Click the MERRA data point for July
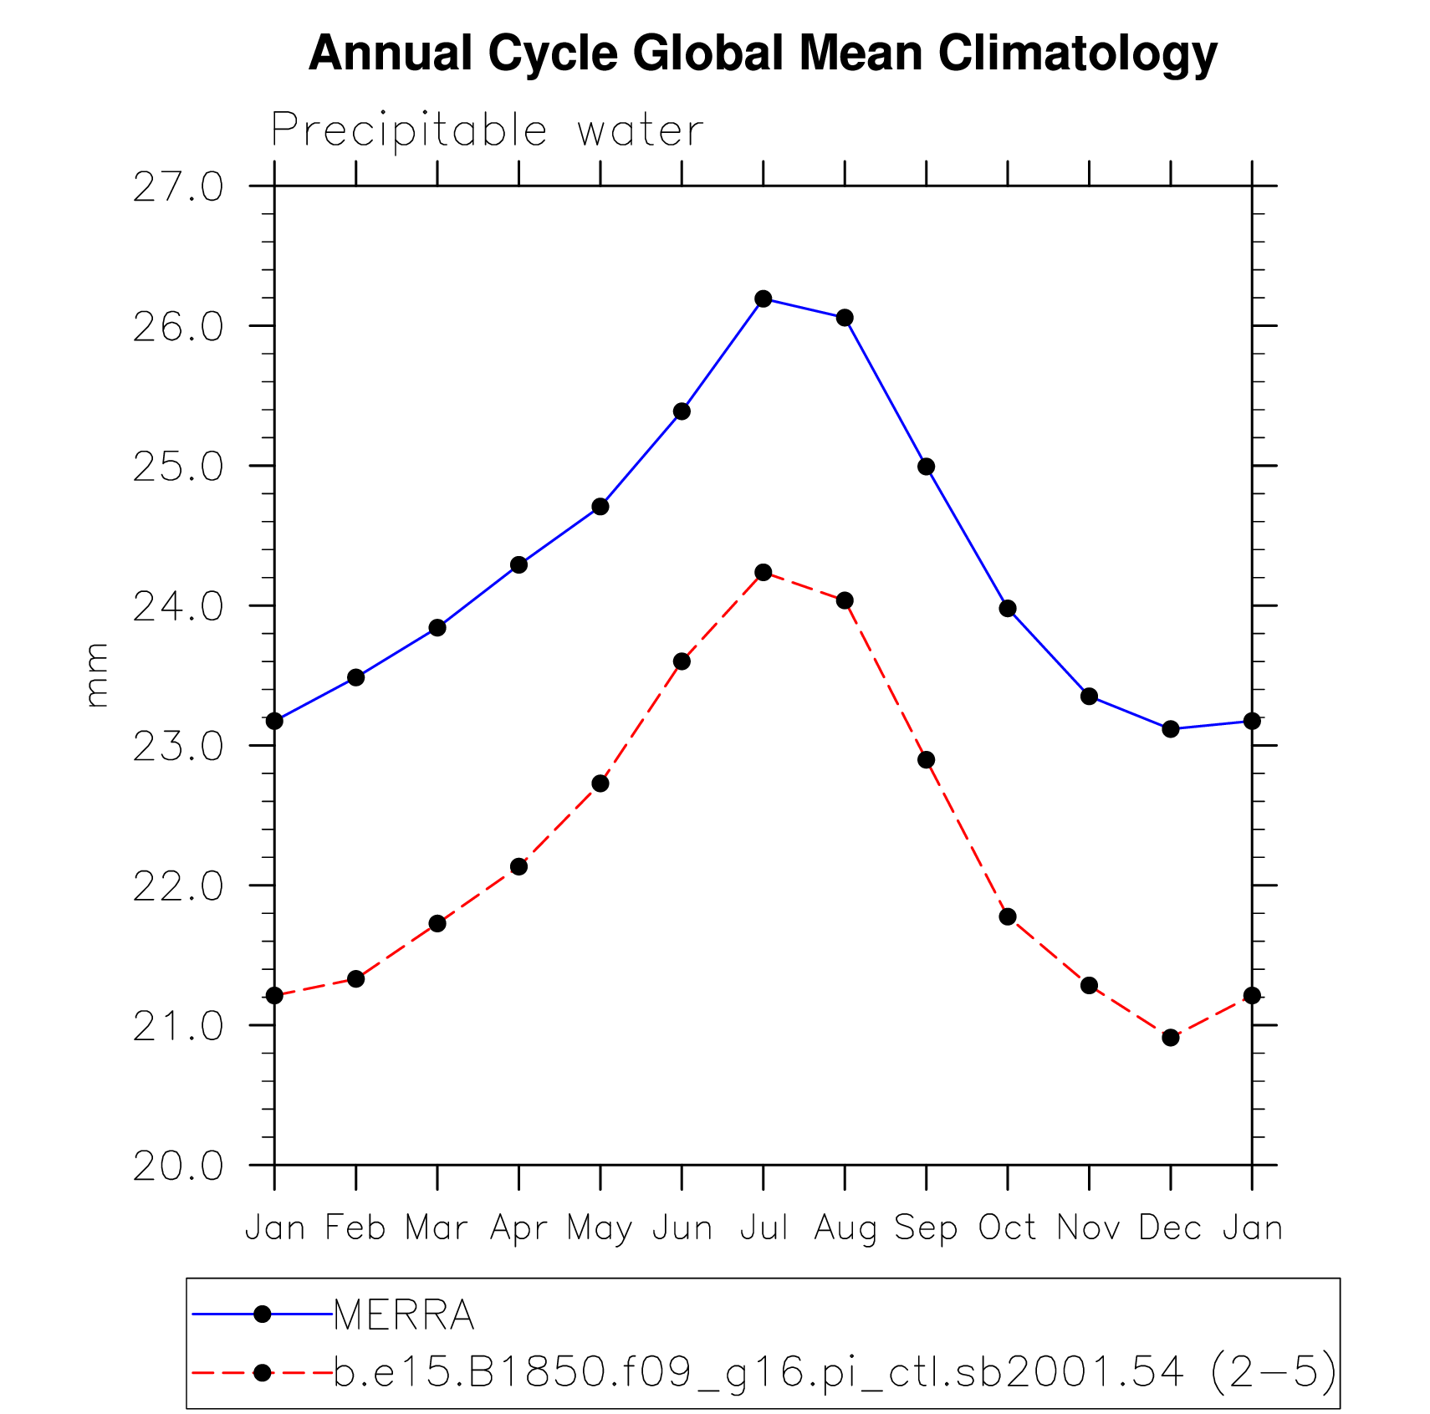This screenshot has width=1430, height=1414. point(763,299)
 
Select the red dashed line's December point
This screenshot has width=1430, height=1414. point(1170,1038)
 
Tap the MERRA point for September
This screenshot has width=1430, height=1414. point(926,467)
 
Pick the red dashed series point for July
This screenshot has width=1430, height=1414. point(763,572)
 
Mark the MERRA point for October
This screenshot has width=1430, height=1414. point(1008,608)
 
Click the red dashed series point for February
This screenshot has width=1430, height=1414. point(355,978)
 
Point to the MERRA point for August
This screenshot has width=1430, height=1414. point(845,318)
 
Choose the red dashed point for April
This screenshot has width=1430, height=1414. point(518,866)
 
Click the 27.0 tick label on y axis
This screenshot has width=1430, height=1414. point(178,187)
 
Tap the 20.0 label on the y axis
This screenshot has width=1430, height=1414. point(178,1166)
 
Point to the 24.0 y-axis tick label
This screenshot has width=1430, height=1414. point(178,607)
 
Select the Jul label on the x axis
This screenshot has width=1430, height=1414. point(764,1228)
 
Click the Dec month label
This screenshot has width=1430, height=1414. point(1170,1228)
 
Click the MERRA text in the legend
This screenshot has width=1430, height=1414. point(404,1315)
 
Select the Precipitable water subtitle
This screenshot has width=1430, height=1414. point(488,130)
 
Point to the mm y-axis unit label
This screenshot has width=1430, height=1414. point(97,675)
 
